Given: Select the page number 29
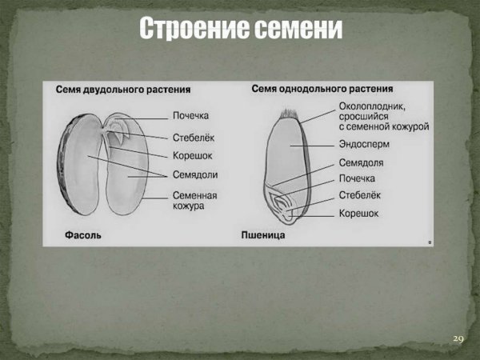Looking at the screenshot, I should [x=458, y=338].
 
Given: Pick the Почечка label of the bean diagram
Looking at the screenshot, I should [x=190, y=116].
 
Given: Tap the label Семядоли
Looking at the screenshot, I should [x=195, y=174].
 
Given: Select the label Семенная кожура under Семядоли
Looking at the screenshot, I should [x=195, y=200].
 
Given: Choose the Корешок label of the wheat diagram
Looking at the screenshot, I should [x=358, y=214].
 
